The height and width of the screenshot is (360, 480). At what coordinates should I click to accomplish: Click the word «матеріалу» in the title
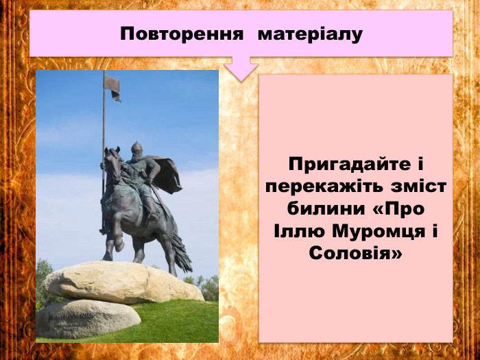[x=310, y=34]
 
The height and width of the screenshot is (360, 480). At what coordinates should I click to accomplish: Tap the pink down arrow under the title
[x=241, y=69]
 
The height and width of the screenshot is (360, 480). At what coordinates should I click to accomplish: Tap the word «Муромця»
[x=371, y=231]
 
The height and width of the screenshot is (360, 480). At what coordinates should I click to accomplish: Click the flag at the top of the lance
[x=112, y=86]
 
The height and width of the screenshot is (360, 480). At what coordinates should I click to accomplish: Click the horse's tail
[x=181, y=254]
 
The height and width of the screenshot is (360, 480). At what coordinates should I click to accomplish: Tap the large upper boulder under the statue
[x=123, y=281]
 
